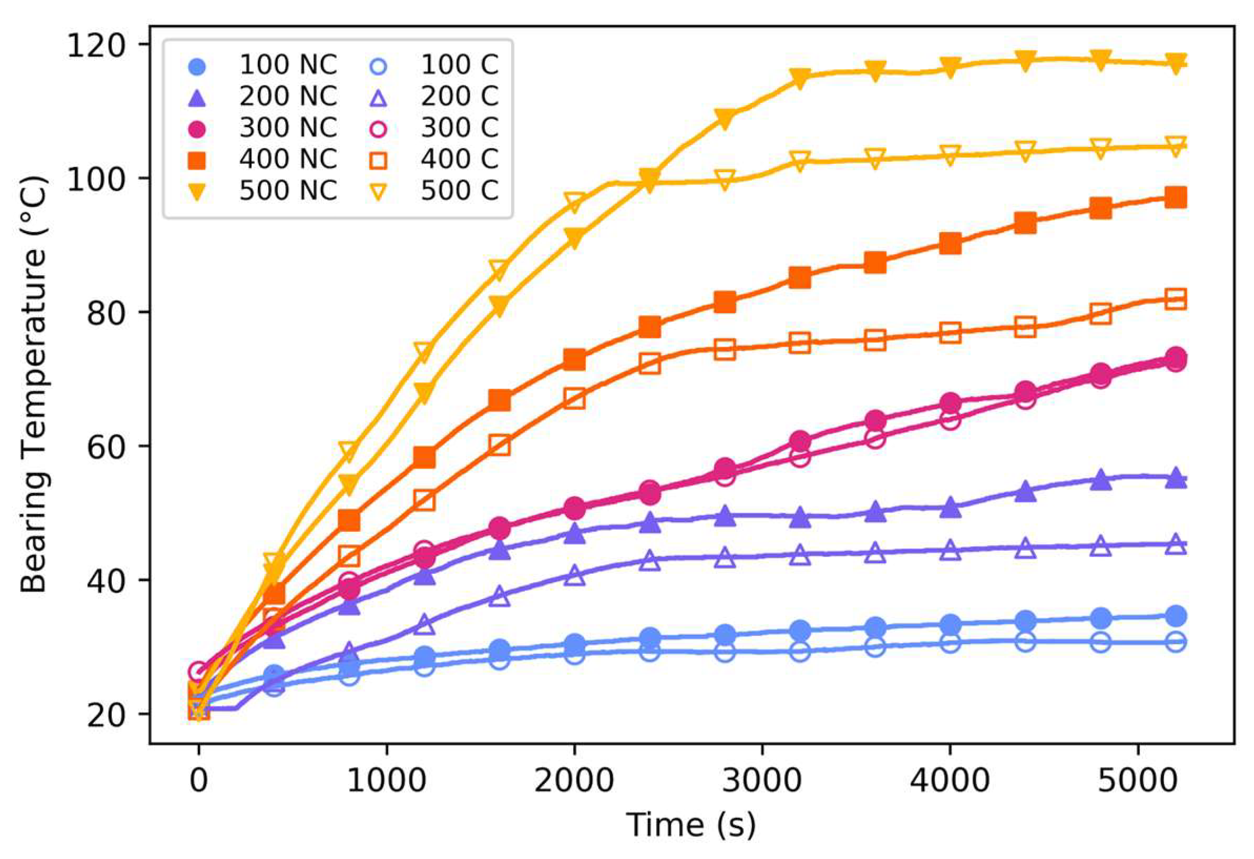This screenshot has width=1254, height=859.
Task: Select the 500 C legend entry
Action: [459, 191]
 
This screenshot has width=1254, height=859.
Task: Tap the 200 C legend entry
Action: [459, 97]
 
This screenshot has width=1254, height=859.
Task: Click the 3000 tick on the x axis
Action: [762, 780]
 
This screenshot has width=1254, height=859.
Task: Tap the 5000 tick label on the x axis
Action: [1138, 780]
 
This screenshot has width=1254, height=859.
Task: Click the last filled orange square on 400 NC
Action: [1176, 197]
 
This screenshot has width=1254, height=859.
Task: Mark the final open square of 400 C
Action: [1176, 299]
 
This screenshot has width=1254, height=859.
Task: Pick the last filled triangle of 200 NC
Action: [1176, 478]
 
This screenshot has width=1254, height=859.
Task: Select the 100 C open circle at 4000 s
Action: [950, 643]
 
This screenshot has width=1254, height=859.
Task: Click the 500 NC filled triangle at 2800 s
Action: [725, 118]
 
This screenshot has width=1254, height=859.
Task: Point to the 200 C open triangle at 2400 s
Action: [650, 560]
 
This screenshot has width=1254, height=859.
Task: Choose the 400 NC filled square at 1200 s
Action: [424, 457]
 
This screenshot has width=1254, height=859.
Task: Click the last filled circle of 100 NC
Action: [1176, 616]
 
